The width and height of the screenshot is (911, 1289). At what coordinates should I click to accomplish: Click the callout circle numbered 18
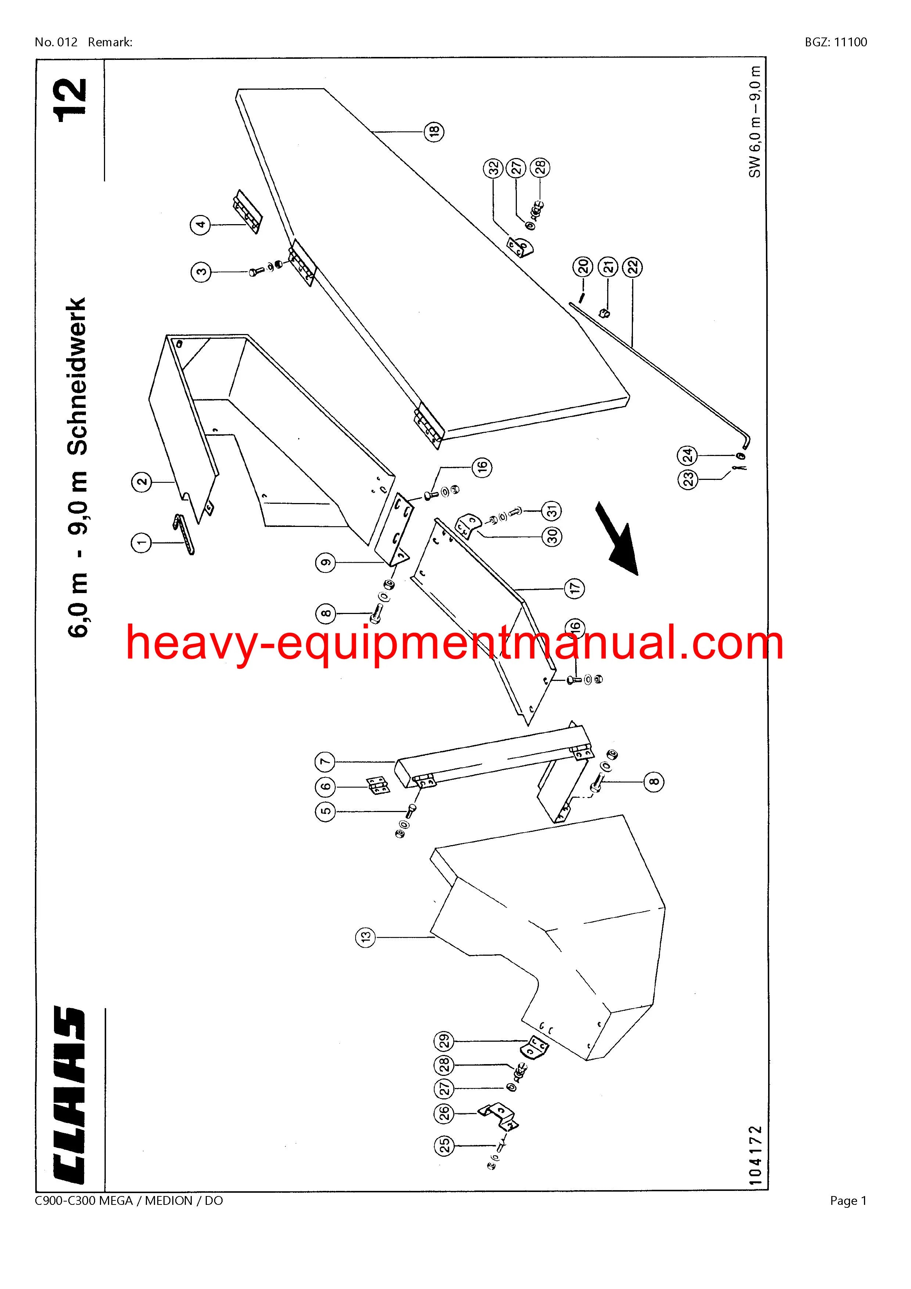[x=434, y=132]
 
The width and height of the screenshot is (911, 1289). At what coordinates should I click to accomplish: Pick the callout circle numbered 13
[x=366, y=936]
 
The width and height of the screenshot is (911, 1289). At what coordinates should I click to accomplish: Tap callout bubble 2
[x=142, y=481]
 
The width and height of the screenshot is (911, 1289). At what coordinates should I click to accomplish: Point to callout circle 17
[x=574, y=588]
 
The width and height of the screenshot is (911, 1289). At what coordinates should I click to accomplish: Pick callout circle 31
[x=552, y=511]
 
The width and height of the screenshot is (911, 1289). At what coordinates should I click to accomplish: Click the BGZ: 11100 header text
[x=835, y=42]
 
